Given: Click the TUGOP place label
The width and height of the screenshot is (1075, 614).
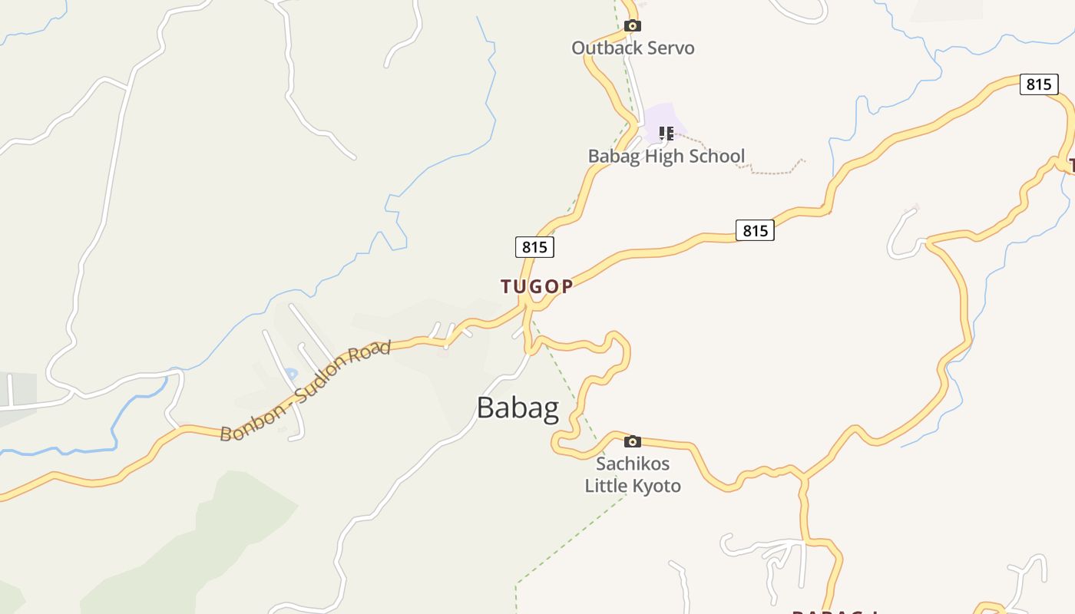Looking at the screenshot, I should pyautogui.click(x=537, y=287).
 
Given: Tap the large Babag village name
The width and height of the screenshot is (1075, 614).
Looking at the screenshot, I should pyautogui.click(x=518, y=408).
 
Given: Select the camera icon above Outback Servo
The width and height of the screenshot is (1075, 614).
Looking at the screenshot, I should pyautogui.click(x=633, y=26).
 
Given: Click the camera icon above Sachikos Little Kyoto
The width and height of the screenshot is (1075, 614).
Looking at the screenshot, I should pyautogui.click(x=633, y=441).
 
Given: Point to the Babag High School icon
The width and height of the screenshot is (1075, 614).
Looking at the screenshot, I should pyautogui.click(x=666, y=134).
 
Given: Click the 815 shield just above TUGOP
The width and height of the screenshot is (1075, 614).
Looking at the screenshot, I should pyautogui.click(x=534, y=246).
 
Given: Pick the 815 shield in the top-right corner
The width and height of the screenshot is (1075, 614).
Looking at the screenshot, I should pyautogui.click(x=1039, y=84).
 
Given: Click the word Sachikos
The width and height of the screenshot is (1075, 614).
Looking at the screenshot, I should pyautogui.click(x=633, y=464).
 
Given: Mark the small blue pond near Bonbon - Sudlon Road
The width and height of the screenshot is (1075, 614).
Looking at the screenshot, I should pyautogui.click(x=291, y=375).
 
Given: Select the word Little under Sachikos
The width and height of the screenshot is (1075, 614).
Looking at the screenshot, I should pyautogui.click(x=606, y=486).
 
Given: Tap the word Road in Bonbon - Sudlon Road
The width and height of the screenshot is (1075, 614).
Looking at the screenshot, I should pyautogui.click(x=372, y=352).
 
